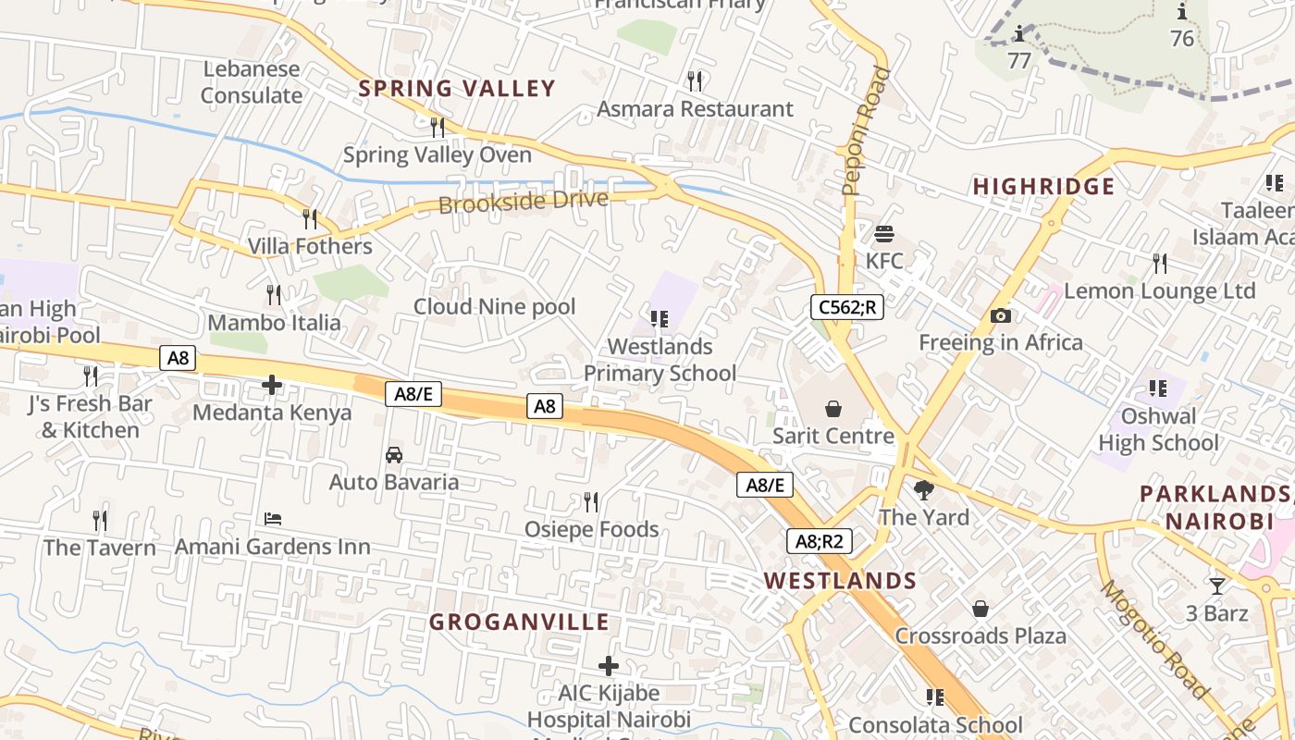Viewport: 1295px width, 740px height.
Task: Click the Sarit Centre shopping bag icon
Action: [833, 409]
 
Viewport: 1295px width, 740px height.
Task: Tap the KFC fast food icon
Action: [884, 233]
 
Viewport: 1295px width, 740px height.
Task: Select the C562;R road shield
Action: [846, 307]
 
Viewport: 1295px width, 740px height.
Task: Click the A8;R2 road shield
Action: [819, 540]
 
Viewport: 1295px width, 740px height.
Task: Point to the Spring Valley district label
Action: [457, 89]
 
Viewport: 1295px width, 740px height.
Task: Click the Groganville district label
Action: [519, 622]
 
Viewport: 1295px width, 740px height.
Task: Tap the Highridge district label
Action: [1043, 187]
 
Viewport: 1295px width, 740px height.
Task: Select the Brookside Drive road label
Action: [524, 201]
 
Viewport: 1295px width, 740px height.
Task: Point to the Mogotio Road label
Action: [1153, 638]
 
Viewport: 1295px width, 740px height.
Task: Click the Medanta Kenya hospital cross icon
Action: [272, 385]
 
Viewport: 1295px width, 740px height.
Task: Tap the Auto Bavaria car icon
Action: [394, 455]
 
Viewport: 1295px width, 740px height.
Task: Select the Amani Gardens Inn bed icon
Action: [273, 519]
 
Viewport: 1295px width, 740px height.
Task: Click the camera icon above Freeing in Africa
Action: [1000, 316]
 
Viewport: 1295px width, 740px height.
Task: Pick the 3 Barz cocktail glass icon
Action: [1217, 586]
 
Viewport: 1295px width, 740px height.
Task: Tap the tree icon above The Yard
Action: [923, 490]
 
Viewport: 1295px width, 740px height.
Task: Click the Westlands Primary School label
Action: [660, 360]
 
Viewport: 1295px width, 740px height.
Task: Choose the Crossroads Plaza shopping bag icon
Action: [980, 609]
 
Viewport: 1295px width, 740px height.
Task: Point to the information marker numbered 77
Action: [1019, 34]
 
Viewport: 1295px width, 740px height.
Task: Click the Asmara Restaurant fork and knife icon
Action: [696, 81]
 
